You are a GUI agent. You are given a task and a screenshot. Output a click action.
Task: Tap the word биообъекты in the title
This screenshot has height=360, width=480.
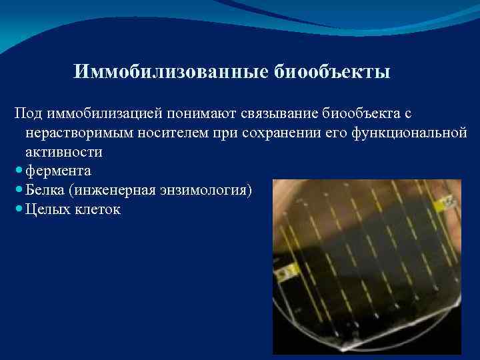[333, 71]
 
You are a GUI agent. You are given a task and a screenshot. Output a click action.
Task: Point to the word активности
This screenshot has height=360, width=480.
[64, 151]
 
